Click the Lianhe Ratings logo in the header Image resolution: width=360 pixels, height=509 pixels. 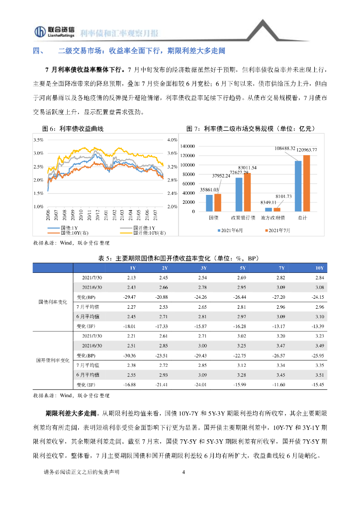(55, 31)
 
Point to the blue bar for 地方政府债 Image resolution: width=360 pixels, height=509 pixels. (269, 209)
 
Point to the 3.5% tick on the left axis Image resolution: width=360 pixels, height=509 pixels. (38, 140)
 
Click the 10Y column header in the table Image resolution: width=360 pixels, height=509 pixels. (320, 268)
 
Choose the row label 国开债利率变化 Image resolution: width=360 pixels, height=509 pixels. (53, 360)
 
